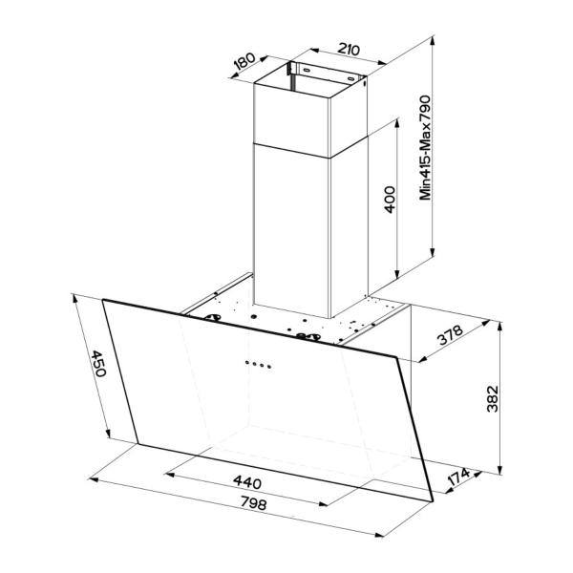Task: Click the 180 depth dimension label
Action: (x=244, y=63)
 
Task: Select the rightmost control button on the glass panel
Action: (x=271, y=364)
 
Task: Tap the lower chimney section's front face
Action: (x=291, y=229)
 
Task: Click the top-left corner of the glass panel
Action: (x=104, y=298)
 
